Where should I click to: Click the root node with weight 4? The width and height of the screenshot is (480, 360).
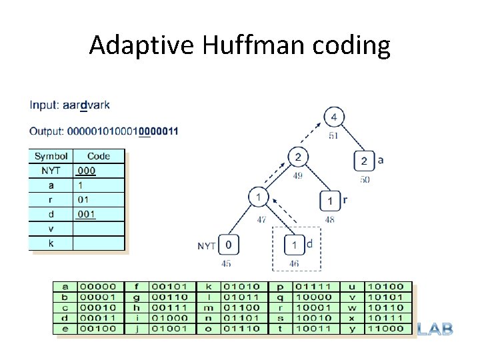334,118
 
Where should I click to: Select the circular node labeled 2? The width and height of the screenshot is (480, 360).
298,157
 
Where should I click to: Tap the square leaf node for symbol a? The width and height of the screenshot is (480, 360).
364,161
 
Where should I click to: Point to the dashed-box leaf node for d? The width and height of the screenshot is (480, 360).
295,245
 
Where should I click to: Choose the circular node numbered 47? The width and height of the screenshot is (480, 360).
258,198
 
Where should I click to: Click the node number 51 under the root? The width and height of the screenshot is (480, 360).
334,136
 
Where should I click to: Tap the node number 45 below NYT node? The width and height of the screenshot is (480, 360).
227,263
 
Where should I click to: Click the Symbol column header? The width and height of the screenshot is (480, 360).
51,156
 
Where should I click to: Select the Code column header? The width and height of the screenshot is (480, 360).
98,156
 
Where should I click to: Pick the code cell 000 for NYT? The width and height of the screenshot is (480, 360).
86,171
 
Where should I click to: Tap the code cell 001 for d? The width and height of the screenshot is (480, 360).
86,214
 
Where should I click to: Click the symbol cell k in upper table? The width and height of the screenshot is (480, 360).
51,243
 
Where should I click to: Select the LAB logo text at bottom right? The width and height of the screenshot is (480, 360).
435,329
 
